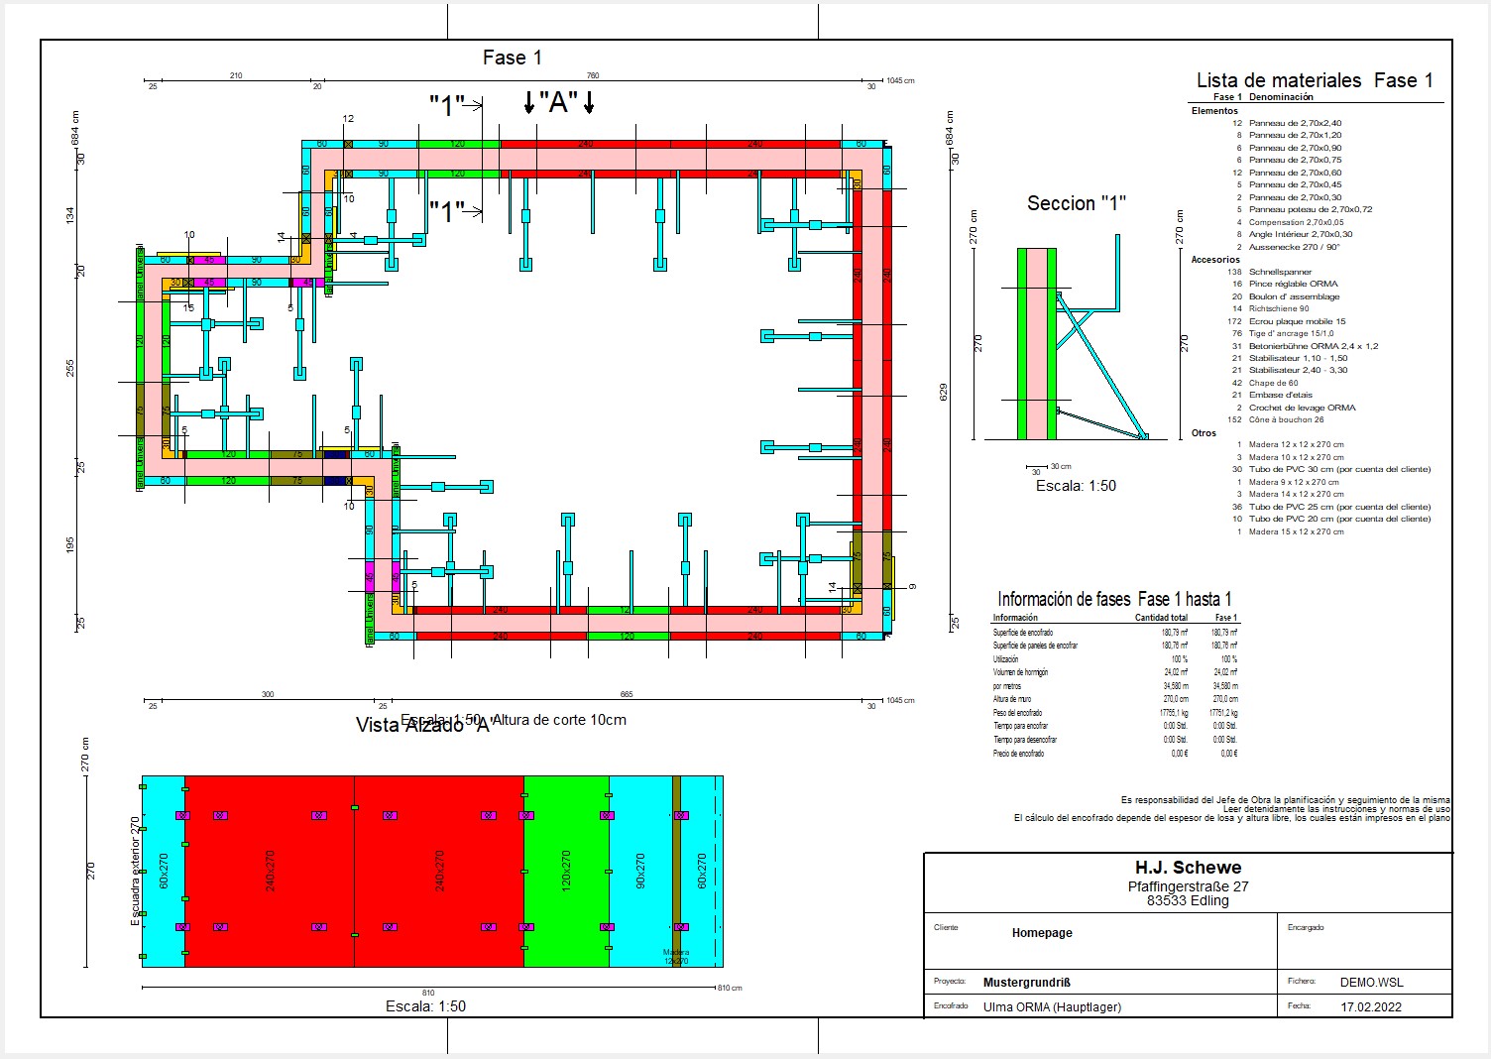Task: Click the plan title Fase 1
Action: coord(512,58)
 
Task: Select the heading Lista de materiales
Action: coord(1279,80)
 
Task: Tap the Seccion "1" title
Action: coord(1076,203)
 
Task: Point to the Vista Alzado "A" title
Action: coord(423,725)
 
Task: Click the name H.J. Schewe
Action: coord(1188,868)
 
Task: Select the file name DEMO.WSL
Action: coord(1371,982)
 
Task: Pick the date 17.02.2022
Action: coord(1371,1005)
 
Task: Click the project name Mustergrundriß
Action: coord(1026,983)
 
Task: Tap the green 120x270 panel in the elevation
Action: coord(566,871)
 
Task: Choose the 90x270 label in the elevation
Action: coord(640,871)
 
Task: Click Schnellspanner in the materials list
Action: coord(1280,272)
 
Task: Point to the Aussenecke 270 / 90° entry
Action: coord(1294,247)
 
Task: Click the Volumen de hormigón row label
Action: coord(1020,672)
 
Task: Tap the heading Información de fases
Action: coord(1065,599)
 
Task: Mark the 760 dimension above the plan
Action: coord(593,75)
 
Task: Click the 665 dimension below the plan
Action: coord(626,694)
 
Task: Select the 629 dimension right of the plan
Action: coord(944,392)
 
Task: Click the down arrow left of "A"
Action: coord(529,101)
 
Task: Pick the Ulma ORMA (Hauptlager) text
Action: coord(1052,1006)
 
